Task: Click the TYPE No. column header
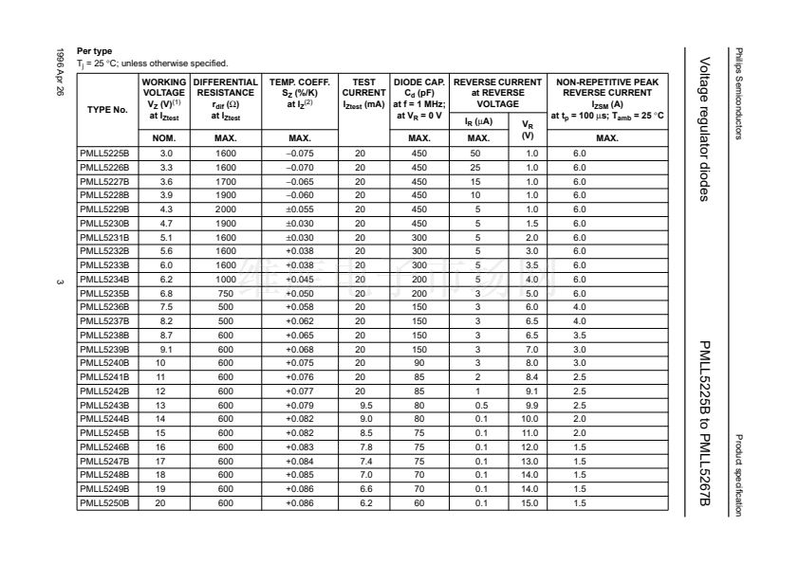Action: pyautogui.click(x=106, y=110)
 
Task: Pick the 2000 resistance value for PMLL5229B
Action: pyautogui.click(x=226, y=208)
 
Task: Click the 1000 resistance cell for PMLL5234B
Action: pyautogui.click(x=226, y=279)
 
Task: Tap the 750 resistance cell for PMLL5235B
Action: pyautogui.click(x=226, y=293)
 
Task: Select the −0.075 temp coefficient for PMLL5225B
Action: pyautogui.click(x=300, y=153)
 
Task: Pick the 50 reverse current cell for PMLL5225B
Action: pyautogui.click(x=477, y=153)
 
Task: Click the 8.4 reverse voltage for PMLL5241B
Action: pyautogui.click(x=530, y=376)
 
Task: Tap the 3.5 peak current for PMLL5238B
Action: pyautogui.click(x=580, y=335)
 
